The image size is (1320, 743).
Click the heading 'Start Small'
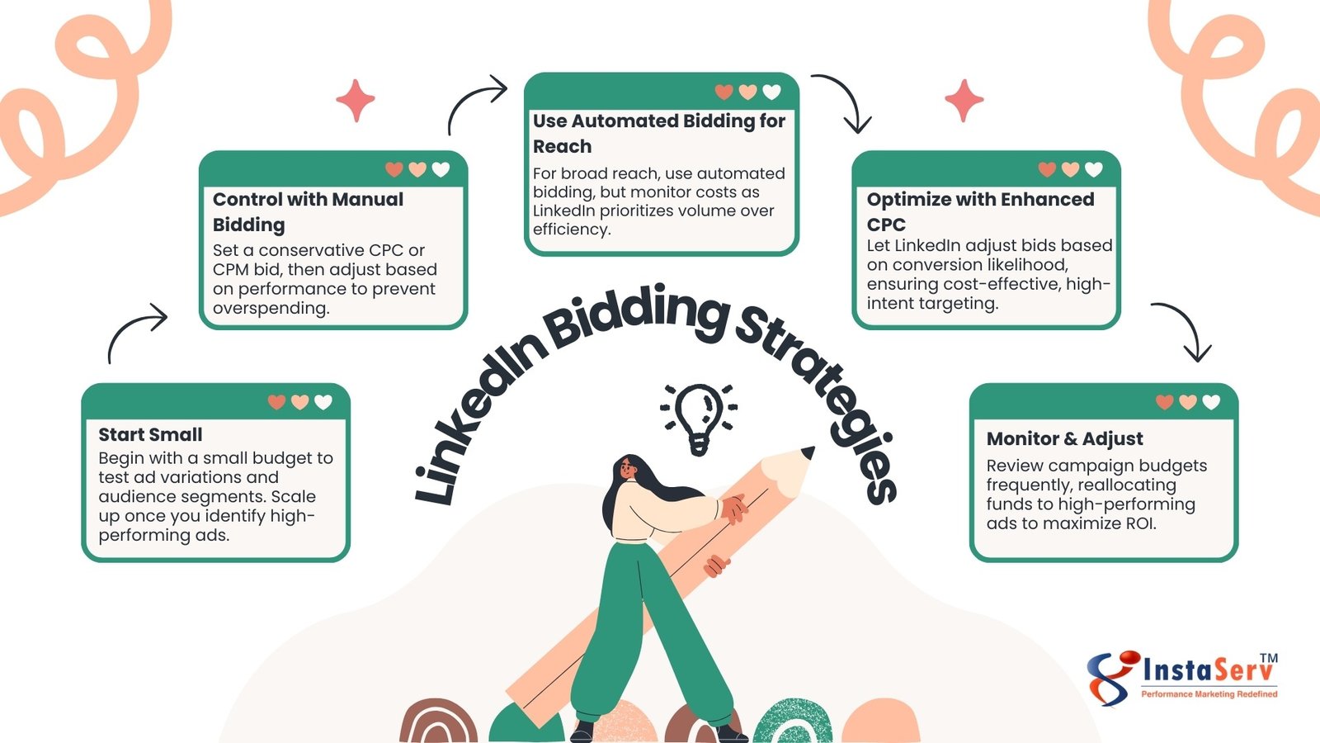tap(150, 434)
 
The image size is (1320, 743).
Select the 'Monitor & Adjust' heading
tap(1064, 438)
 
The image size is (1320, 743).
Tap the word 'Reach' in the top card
tap(562, 147)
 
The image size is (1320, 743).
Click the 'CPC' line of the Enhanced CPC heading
tap(886, 225)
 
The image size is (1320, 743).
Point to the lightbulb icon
tap(699, 417)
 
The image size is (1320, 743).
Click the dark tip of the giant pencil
tap(808, 452)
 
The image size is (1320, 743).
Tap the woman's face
tap(628, 469)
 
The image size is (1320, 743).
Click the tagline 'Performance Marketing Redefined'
tap(1209, 694)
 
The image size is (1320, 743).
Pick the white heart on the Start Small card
tap(323, 402)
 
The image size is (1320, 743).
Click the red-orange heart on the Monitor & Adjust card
tap(1164, 402)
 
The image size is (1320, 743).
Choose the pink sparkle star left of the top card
tap(356, 101)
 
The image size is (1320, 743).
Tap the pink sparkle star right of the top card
tap(964, 101)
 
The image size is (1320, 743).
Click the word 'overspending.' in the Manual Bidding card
tap(271, 308)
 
